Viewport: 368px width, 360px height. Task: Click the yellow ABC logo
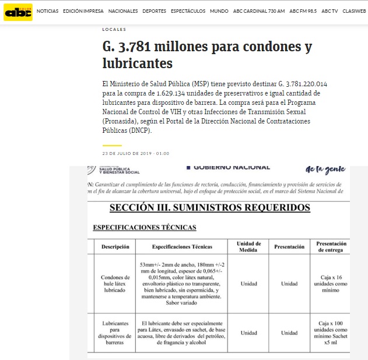point(17,11)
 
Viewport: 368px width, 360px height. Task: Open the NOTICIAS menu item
point(47,11)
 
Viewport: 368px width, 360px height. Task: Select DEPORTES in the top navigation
point(154,11)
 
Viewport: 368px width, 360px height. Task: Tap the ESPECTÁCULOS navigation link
point(188,11)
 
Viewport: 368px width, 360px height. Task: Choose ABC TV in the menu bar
point(330,11)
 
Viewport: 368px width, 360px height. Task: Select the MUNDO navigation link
point(219,11)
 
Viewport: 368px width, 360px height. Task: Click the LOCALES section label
point(114,29)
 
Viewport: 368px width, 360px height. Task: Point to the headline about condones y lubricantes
point(207,54)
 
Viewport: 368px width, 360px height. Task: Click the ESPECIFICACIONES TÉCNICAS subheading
point(145,227)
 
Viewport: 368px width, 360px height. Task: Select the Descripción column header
point(115,247)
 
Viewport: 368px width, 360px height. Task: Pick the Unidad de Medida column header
point(249,246)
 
